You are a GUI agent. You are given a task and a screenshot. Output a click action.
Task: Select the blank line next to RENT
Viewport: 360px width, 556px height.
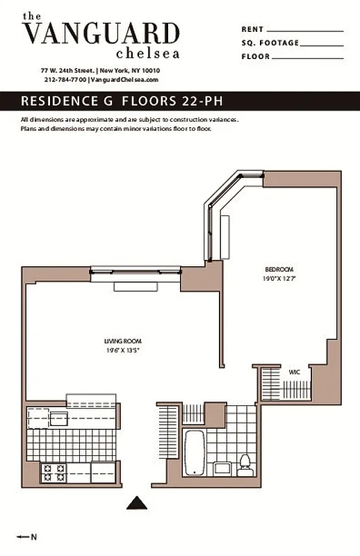(x=305, y=30)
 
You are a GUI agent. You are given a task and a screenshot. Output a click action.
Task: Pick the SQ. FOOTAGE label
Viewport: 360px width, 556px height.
(x=270, y=43)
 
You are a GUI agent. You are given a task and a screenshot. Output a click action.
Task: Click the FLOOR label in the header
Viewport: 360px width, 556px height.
(x=256, y=56)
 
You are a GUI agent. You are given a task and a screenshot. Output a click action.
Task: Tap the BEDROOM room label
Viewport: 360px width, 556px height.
(x=279, y=270)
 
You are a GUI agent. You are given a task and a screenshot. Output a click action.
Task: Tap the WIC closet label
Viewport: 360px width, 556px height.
(x=295, y=372)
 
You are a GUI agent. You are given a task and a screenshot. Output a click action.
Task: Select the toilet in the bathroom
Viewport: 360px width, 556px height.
(x=245, y=462)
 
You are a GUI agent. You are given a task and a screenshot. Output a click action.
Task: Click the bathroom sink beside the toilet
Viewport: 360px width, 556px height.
(x=222, y=468)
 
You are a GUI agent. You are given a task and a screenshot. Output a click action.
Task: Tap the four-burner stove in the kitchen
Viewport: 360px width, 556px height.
(x=56, y=474)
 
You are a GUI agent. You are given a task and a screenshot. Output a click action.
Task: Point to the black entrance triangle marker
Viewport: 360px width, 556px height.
(x=141, y=502)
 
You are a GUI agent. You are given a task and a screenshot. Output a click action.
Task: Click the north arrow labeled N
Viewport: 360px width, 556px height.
(x=28, y=536)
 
